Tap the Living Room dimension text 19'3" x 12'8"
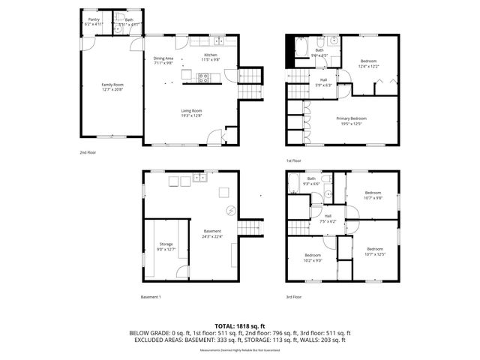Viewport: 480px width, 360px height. pyautogui.click(x=191, y=115)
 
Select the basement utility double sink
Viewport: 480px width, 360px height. pyautogui.click(x=199, y=178)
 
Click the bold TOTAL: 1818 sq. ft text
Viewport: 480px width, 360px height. pyautogui.click(x=239, y=326)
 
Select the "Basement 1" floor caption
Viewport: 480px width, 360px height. pyautogui.click(x=151, y=297)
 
